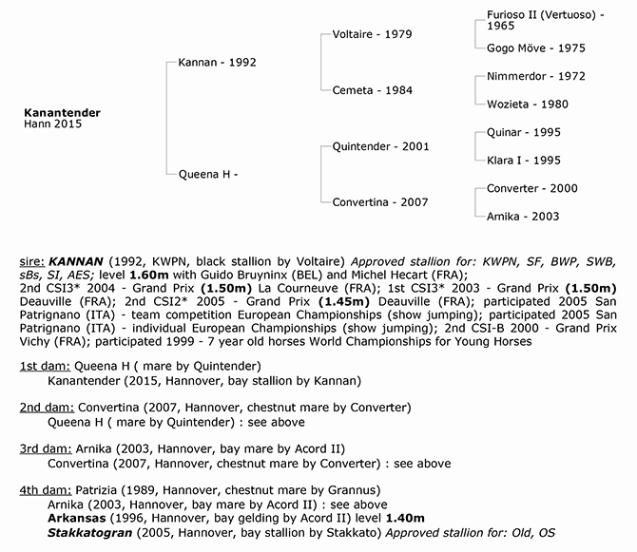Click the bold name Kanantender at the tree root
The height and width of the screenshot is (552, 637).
point(62,112)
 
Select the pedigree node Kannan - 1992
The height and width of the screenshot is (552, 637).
point(217,63)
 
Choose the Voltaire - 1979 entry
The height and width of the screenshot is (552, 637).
point(373,35)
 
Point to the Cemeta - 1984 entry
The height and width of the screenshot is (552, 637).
point(371,90)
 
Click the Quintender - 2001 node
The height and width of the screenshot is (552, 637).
point(380,146)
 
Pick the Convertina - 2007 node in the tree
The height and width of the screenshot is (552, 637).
point(381,201)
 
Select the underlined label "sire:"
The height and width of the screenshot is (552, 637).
point(32,259)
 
